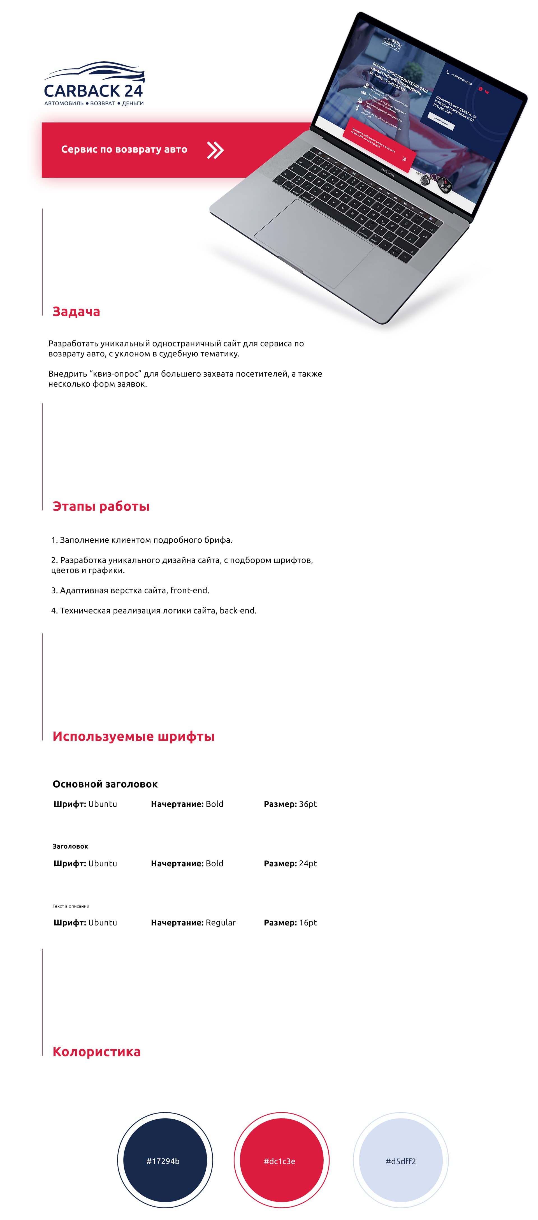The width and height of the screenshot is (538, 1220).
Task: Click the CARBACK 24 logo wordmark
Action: click(93, 90)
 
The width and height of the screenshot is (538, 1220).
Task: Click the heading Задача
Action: click(76, 312)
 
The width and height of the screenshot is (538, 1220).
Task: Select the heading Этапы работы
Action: click(101, 506)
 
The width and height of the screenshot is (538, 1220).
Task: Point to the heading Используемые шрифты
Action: click(134, 737)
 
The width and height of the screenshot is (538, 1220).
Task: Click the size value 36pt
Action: click(308, 804)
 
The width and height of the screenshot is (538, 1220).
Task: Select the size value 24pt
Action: click(308, 864)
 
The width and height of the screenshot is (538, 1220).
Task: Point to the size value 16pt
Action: click(308, 923)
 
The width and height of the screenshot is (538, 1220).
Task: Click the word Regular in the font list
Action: click(221, 923)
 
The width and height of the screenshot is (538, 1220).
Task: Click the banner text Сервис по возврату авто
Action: click(124, 150)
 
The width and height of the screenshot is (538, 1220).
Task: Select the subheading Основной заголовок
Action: click(105, 784)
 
